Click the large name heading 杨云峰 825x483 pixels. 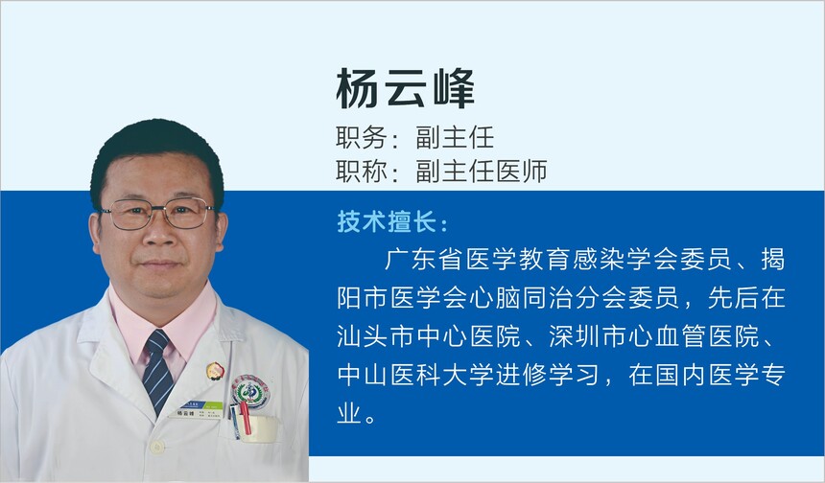(x=405, y=88)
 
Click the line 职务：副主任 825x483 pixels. (x=415, y=137)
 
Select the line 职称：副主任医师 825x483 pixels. (x=442, y=171)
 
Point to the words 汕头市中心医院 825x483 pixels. (x=429, y=335)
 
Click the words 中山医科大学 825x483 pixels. (x=415, y=375)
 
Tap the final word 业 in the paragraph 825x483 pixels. (x=349, y=413)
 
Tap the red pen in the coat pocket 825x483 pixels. (x=245, y=418)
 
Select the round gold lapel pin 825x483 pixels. (x=215, y=371)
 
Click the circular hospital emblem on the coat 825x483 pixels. (x=251, y=393)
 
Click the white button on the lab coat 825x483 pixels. (x=156, y=447)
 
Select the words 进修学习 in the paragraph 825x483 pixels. (x=547, y=375)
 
